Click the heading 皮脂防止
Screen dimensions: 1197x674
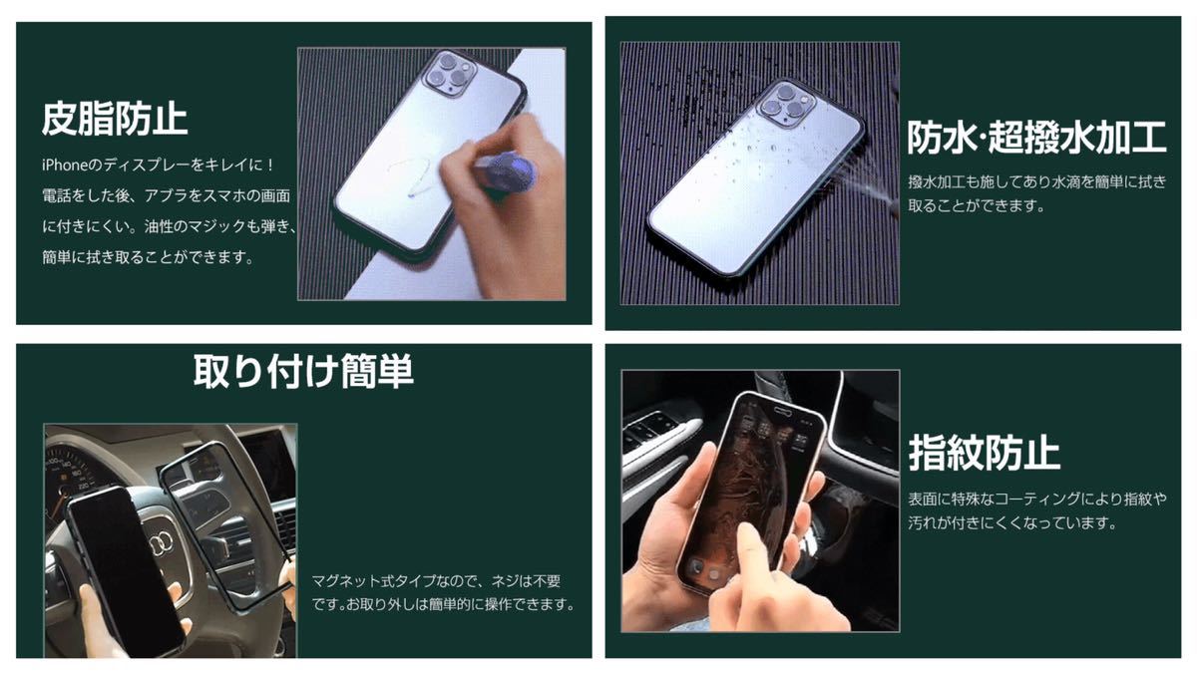[x=115, y=119]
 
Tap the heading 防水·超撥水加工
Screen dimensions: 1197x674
[x=1036, y=138]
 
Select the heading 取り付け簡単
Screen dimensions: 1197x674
[x=303, y=371]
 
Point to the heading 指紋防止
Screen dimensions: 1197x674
[x=984, y=453]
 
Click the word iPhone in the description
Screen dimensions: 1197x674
[x=64, y=166]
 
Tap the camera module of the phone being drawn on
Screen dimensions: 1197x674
[x=451, y=75]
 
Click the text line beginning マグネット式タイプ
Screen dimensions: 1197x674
[x=436, y=581]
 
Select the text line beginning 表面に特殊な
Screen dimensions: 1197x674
[x=1036, y=499]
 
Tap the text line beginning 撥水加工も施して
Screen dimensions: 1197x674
[x=1036, y=182]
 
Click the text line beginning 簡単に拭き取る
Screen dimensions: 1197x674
[x=148, y=257]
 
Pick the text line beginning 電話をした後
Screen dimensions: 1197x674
[x=167, y=196]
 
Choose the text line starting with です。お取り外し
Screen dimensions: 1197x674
[x=444, y=604]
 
